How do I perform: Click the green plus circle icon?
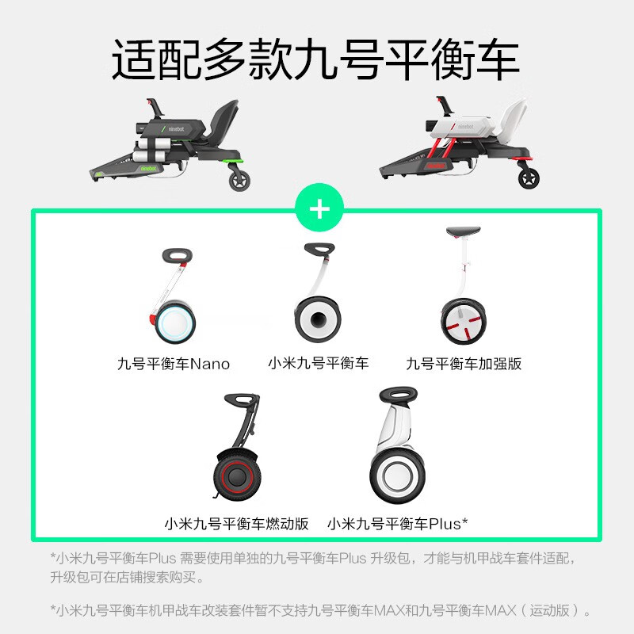point(319,209)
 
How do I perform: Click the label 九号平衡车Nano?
point(174,365)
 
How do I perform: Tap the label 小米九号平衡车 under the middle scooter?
point(319,364)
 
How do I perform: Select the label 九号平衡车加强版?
point(464,365)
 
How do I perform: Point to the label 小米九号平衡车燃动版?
point(236,524)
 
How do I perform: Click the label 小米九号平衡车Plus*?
point(397,524)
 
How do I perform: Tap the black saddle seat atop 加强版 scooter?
point(464,231)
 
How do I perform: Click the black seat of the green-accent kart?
point(218,115)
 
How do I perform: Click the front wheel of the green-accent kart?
point(239,180)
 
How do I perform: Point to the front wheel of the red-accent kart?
point(529,178)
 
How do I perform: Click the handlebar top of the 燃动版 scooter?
point(242,399)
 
